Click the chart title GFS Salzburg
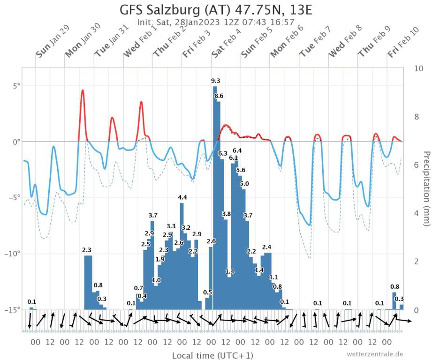(216, 10)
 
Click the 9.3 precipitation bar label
(216, 82)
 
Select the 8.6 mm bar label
(219, 96)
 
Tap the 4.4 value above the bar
(182, 198)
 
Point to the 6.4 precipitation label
(237, 150)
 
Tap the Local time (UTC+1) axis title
(212, 355)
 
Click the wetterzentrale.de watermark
(375, 354)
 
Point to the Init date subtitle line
(216, 22)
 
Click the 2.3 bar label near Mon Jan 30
(87, 250)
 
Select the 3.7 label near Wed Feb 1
(153, 215)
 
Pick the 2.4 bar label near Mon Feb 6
(266, 247)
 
